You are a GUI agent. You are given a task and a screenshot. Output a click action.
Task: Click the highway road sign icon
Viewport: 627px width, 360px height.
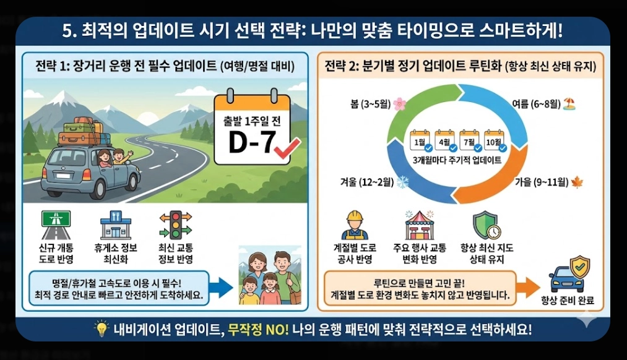56,225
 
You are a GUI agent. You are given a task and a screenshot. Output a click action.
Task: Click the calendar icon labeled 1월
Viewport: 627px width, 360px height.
420,140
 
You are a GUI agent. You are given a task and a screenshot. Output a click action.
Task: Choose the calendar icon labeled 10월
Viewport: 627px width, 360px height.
494,140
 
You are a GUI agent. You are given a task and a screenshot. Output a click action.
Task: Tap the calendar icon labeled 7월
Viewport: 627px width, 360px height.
469,140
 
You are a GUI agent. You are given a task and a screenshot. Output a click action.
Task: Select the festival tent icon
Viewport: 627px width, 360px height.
420,225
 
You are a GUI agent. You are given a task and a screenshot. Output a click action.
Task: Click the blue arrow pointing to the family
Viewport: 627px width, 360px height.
220,286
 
